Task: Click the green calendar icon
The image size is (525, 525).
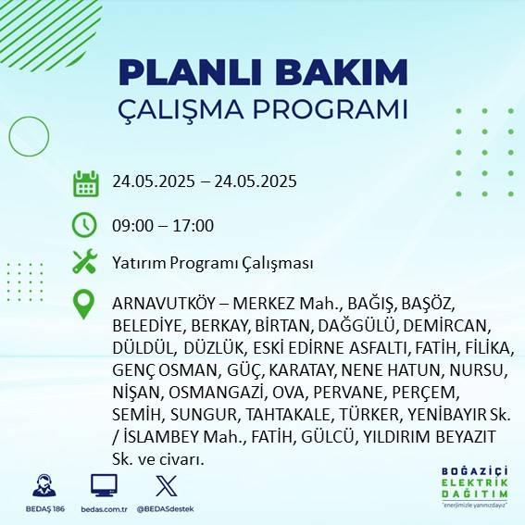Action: point(85,182)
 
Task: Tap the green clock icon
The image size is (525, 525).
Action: point(84,224)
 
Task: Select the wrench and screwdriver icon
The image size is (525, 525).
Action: point(84,262)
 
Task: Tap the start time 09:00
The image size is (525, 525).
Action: point(133,225)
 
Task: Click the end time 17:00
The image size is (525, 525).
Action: point(194,225)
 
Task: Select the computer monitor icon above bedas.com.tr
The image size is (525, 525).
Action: point(103,486)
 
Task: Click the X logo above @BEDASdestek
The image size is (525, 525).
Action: point(164,486)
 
